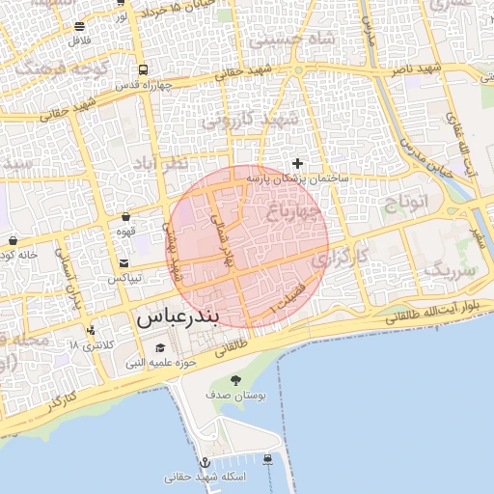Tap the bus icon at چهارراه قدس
point(143,69)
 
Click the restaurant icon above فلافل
point(79,26)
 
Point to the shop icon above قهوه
point(126,218)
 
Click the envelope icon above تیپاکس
point(123,263)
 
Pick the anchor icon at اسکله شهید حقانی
point(205,464)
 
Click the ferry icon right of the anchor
point(267,458)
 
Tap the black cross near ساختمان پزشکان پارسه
point(297,163)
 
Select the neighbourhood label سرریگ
point(451,270)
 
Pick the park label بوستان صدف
point(231,396)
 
